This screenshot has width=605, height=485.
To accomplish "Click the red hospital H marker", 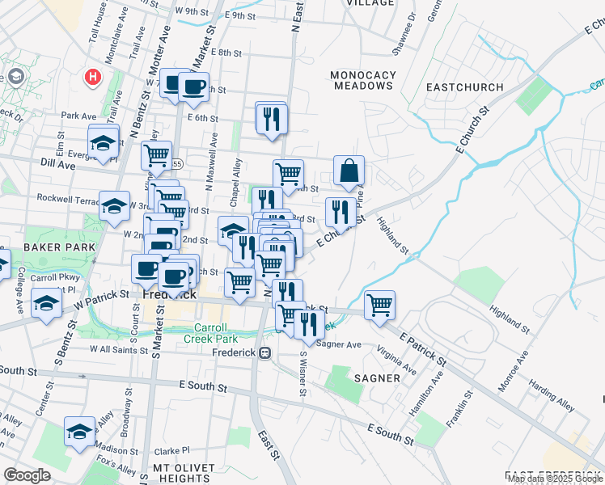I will coord(93,78).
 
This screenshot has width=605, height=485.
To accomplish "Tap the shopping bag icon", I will coord(349,171).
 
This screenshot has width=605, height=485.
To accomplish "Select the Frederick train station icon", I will coord(264,353).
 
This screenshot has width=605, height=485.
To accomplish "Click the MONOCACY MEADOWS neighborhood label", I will coord(364,80).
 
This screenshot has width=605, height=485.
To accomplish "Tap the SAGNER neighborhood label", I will coord(376,377).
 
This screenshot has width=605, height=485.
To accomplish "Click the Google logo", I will coord(27,475).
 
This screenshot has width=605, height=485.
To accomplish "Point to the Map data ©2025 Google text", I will coord(554,479).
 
